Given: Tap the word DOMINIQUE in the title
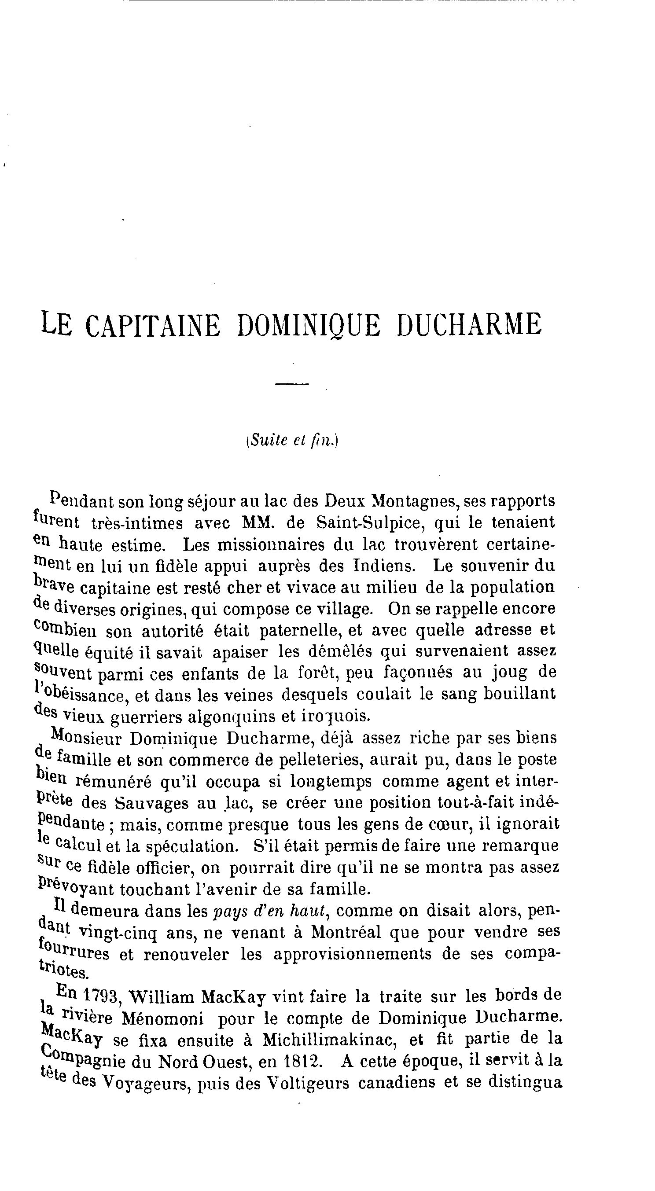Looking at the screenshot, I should tap(309, 326).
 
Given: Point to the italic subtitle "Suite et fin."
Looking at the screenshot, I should tap(292, 440).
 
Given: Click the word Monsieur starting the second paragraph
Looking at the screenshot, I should tap(86, 739).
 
